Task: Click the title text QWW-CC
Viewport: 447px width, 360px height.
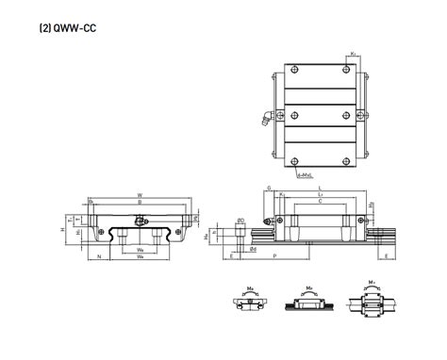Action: [x=73, y=29]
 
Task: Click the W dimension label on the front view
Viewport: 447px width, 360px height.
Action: [x=141, y=195]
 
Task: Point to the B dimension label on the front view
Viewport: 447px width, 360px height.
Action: [x=141, y=203]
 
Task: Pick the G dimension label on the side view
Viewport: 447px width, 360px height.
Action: [x=268, y=188]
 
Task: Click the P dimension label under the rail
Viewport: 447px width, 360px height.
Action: [x=274, y=255]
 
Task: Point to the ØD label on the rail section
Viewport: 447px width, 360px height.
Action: [x=241, y=221]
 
